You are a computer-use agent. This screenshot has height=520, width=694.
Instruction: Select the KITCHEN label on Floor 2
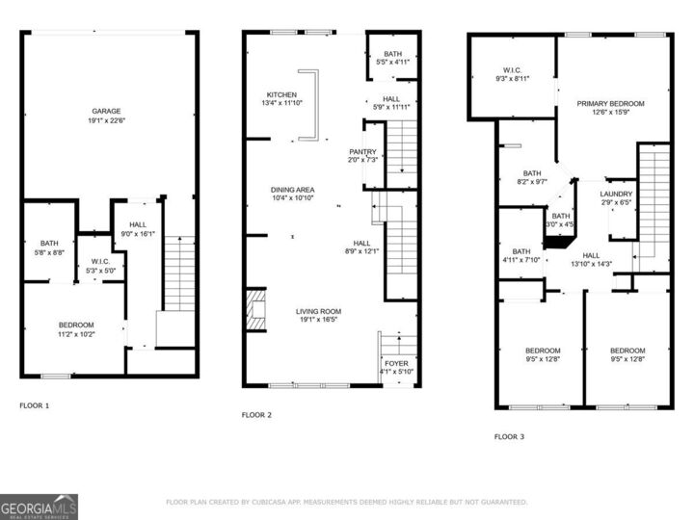click(x=281, y=94)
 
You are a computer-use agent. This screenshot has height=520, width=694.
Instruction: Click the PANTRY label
click(x=362, y=151)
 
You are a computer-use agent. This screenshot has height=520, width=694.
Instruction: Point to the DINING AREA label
click(x=291, y=190)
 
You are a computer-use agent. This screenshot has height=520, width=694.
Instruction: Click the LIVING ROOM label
click(x=318, y=311)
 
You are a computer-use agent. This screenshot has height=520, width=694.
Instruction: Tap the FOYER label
click(x=397, y=363)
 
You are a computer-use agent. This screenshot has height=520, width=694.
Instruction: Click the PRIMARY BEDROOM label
click(x=610, y=103)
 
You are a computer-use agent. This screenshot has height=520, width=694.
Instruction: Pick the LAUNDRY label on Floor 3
click(x=616, y=194)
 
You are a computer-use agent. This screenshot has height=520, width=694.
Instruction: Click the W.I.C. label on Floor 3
click(x=512, y=69)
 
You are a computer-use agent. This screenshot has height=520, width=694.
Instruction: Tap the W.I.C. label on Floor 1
click(x=103, y=261)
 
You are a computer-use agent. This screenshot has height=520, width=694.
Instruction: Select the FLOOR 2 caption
click(x=256, y=415)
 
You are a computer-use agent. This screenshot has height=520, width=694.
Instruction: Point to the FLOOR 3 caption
click(x=510, y=436)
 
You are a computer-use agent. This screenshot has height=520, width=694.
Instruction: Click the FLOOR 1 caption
click(x=35, y=405)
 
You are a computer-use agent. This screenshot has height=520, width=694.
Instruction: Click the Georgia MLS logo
click(x=39, y=506)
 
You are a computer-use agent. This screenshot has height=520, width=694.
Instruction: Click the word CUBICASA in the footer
click(x=277, y=503)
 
